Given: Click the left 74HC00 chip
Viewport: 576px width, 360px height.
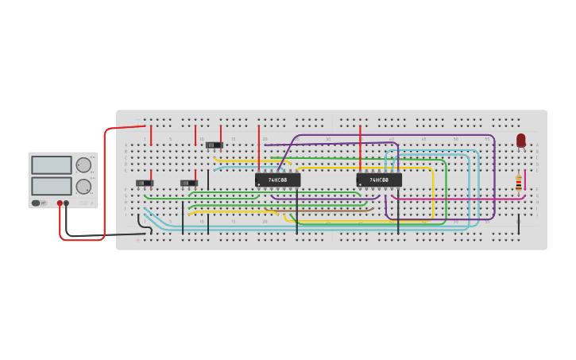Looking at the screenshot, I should point(277,180).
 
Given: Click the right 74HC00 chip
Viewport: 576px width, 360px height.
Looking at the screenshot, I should point(379,180).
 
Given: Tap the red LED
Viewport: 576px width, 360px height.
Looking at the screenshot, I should point(521,140).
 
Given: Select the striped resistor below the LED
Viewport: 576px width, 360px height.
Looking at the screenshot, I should point(519,184).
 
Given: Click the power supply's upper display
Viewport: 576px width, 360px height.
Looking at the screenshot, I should point(52,165).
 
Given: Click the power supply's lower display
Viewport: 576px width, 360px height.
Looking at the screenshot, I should point(52,186).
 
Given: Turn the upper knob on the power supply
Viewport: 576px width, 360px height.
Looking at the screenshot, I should point(83,165).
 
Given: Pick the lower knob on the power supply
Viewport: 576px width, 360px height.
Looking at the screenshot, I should point(83,187).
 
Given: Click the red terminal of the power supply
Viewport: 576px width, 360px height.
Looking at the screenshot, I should point(60,203).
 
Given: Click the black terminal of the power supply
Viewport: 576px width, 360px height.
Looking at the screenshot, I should point(67,203).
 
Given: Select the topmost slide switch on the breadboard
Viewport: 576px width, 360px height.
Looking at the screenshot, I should point(214,145).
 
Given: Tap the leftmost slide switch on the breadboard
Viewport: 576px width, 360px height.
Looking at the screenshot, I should point(145,183).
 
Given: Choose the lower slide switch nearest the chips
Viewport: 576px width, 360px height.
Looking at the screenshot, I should point(188,183).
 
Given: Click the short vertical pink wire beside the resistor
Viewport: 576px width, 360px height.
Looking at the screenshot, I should point(524,180).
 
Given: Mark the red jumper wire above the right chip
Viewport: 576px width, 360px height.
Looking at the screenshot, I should point(360,148).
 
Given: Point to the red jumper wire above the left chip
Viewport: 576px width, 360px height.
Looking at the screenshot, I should point(258,148).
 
